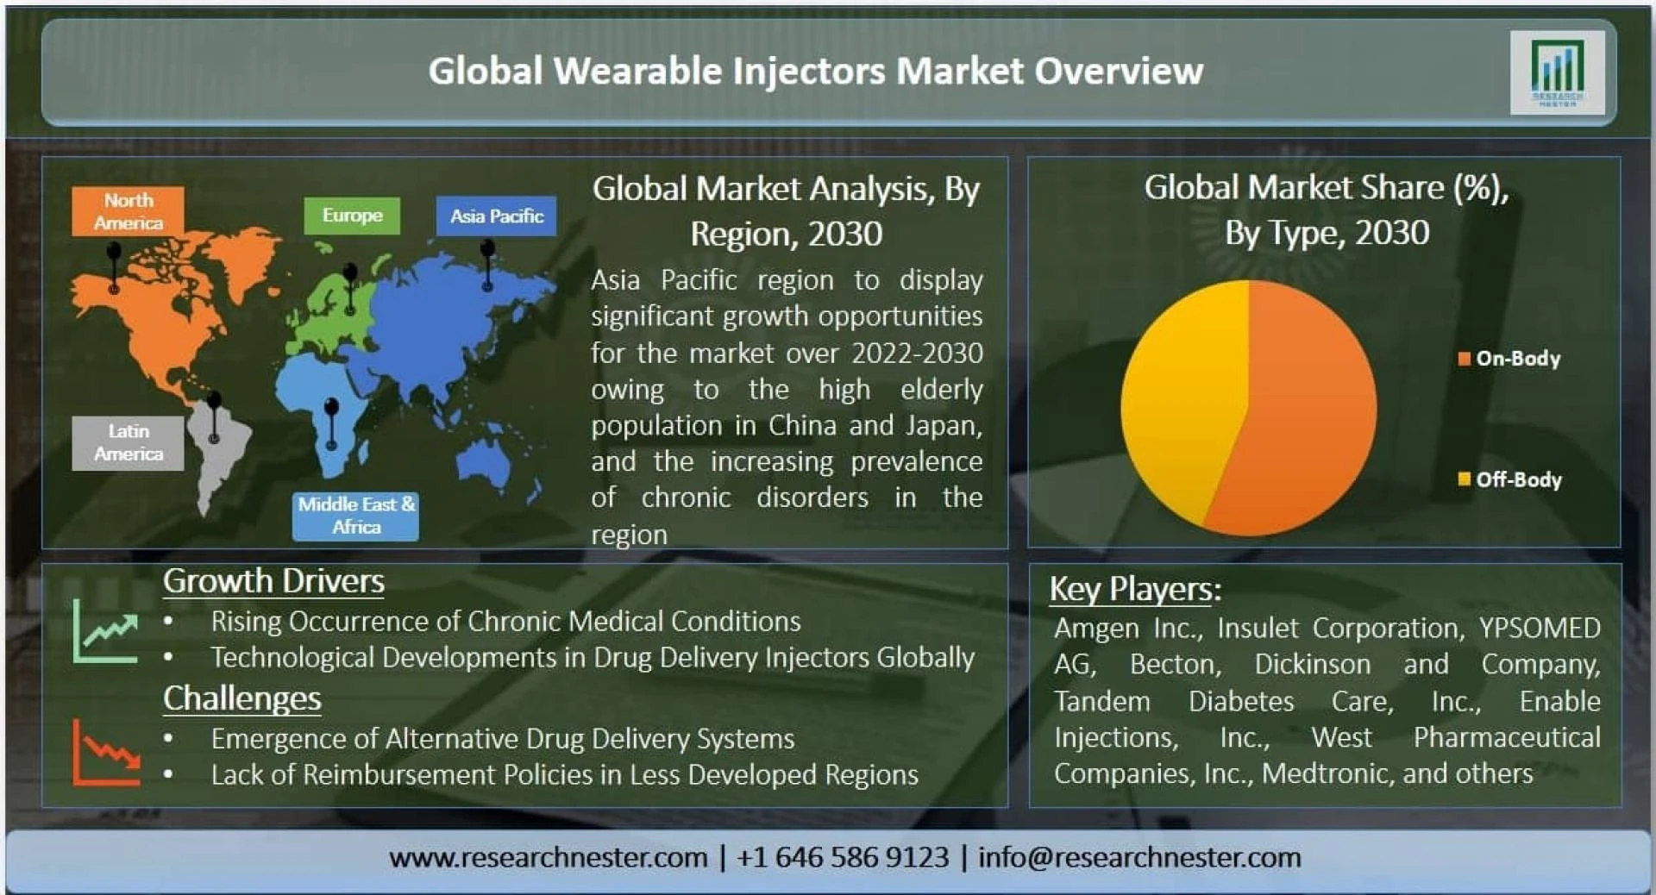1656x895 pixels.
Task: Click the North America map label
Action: (x=128, y=211)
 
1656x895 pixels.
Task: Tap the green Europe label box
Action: (x=352, y=216)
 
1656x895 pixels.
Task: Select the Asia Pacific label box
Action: (x=496, y=216)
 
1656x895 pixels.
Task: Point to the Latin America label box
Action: (x=128, y=442)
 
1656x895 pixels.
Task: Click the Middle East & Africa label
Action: (x=355, y=516)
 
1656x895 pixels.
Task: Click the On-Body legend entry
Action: (x=1509, y=359)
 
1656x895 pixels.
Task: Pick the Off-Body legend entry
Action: (x=1509, y=479)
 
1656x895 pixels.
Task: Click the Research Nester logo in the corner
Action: (x=1557, y=72)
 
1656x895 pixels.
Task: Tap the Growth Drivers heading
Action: (x=273, y=582)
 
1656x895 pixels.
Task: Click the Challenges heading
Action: (x=242, y=698)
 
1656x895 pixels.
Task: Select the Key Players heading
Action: (x=1135, y=590)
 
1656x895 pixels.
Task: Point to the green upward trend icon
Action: (x=105, y=632)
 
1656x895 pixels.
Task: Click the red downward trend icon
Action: (x=105, y=753)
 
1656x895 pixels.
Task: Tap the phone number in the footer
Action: (x=843, y=857)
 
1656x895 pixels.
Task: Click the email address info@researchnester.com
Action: (x=1139, y=857)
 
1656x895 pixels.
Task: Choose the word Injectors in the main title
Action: (x=809, y=72)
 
